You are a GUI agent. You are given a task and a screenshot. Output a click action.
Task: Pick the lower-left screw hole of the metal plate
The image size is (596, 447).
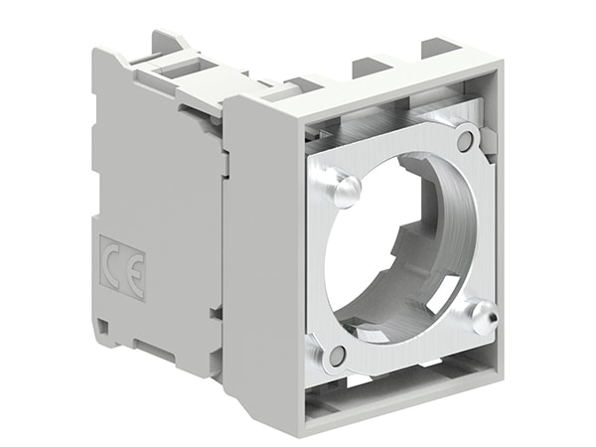(x=338, y=355)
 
